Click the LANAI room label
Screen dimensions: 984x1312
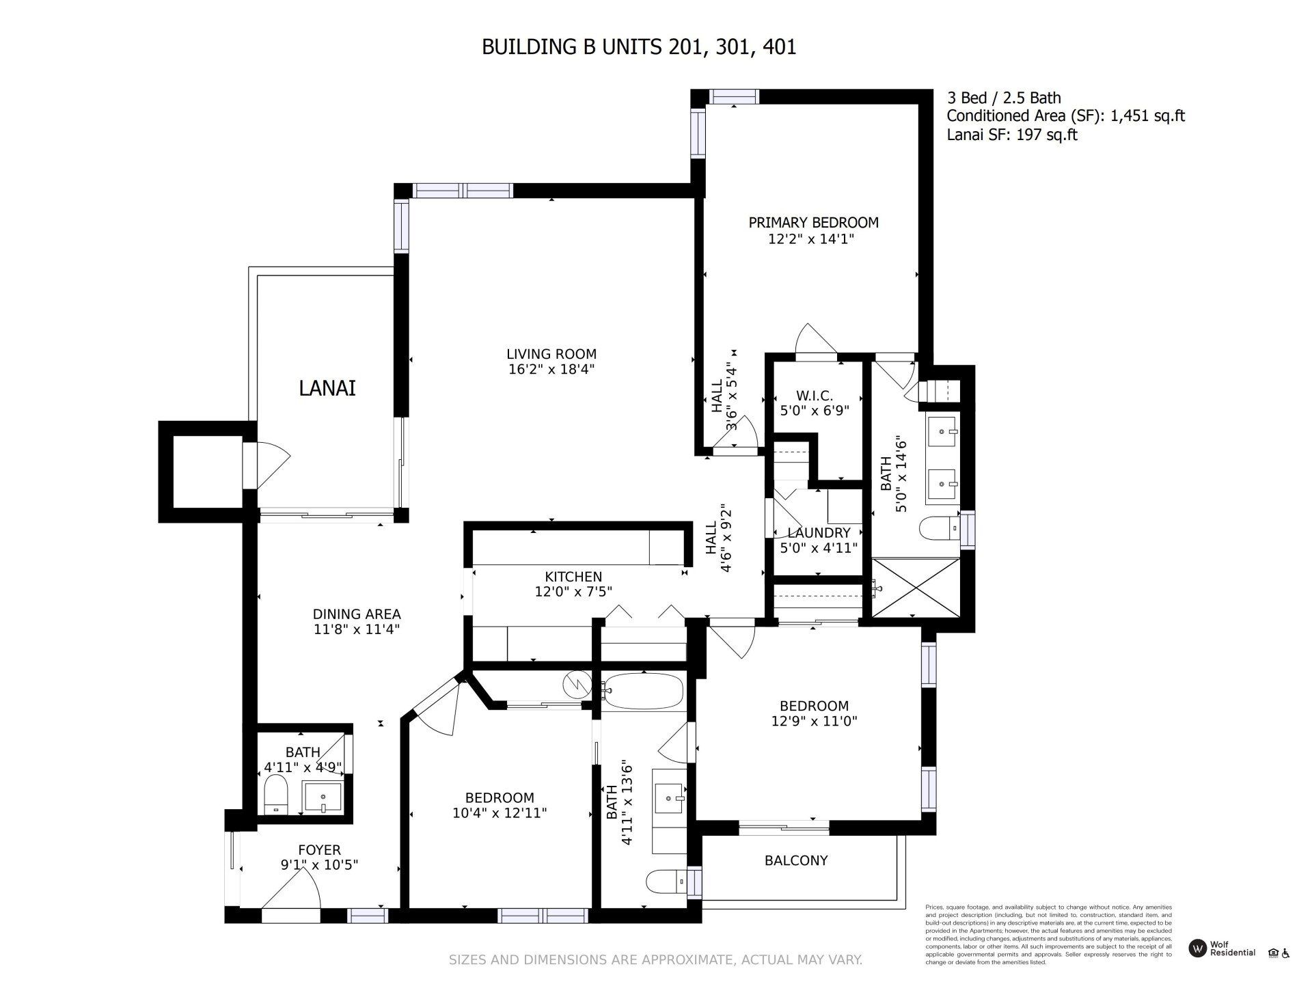tap(327, 388)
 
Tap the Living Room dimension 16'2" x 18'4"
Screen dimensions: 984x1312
tap(551, 370)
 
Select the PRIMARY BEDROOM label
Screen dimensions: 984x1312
tap(813, 222)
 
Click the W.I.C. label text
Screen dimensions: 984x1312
tap(814, 396)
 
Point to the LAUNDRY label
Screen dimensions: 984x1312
tap(819, 532)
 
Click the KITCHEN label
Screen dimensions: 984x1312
tap(573, 577)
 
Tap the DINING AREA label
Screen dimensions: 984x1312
tap(357, 614)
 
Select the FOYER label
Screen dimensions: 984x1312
tap(319, 849)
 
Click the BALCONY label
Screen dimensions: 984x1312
tap(796, 860)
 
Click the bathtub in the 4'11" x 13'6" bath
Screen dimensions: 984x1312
tap(643, 691)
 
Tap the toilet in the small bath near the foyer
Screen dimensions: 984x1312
tap(277, 793)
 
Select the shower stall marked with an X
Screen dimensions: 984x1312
tap(916, 588)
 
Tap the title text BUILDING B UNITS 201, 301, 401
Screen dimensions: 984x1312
tap(639, 47)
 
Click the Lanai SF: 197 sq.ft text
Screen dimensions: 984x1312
tap(1011, 135)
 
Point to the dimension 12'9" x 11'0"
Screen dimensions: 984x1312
tap(814, 721)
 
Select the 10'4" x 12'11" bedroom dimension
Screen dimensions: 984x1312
tap(500, 812)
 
